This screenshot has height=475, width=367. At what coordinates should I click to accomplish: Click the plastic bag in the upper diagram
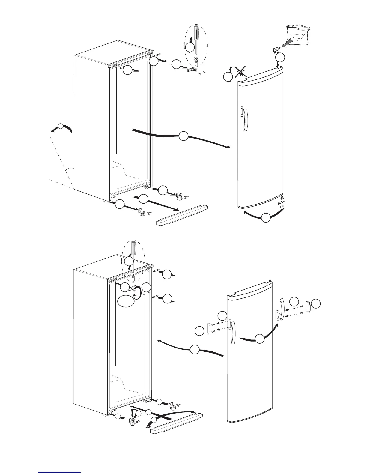click(x=298, y=35)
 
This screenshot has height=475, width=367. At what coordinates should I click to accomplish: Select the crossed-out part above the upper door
click(x=239, y=73)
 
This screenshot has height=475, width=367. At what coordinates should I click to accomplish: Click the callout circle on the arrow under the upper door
click(x=266, y=218)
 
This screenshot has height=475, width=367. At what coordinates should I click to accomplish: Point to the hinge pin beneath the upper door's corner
click(x=281, y=199)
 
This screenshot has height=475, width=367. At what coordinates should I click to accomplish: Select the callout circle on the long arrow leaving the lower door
click(x=195, y=349)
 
